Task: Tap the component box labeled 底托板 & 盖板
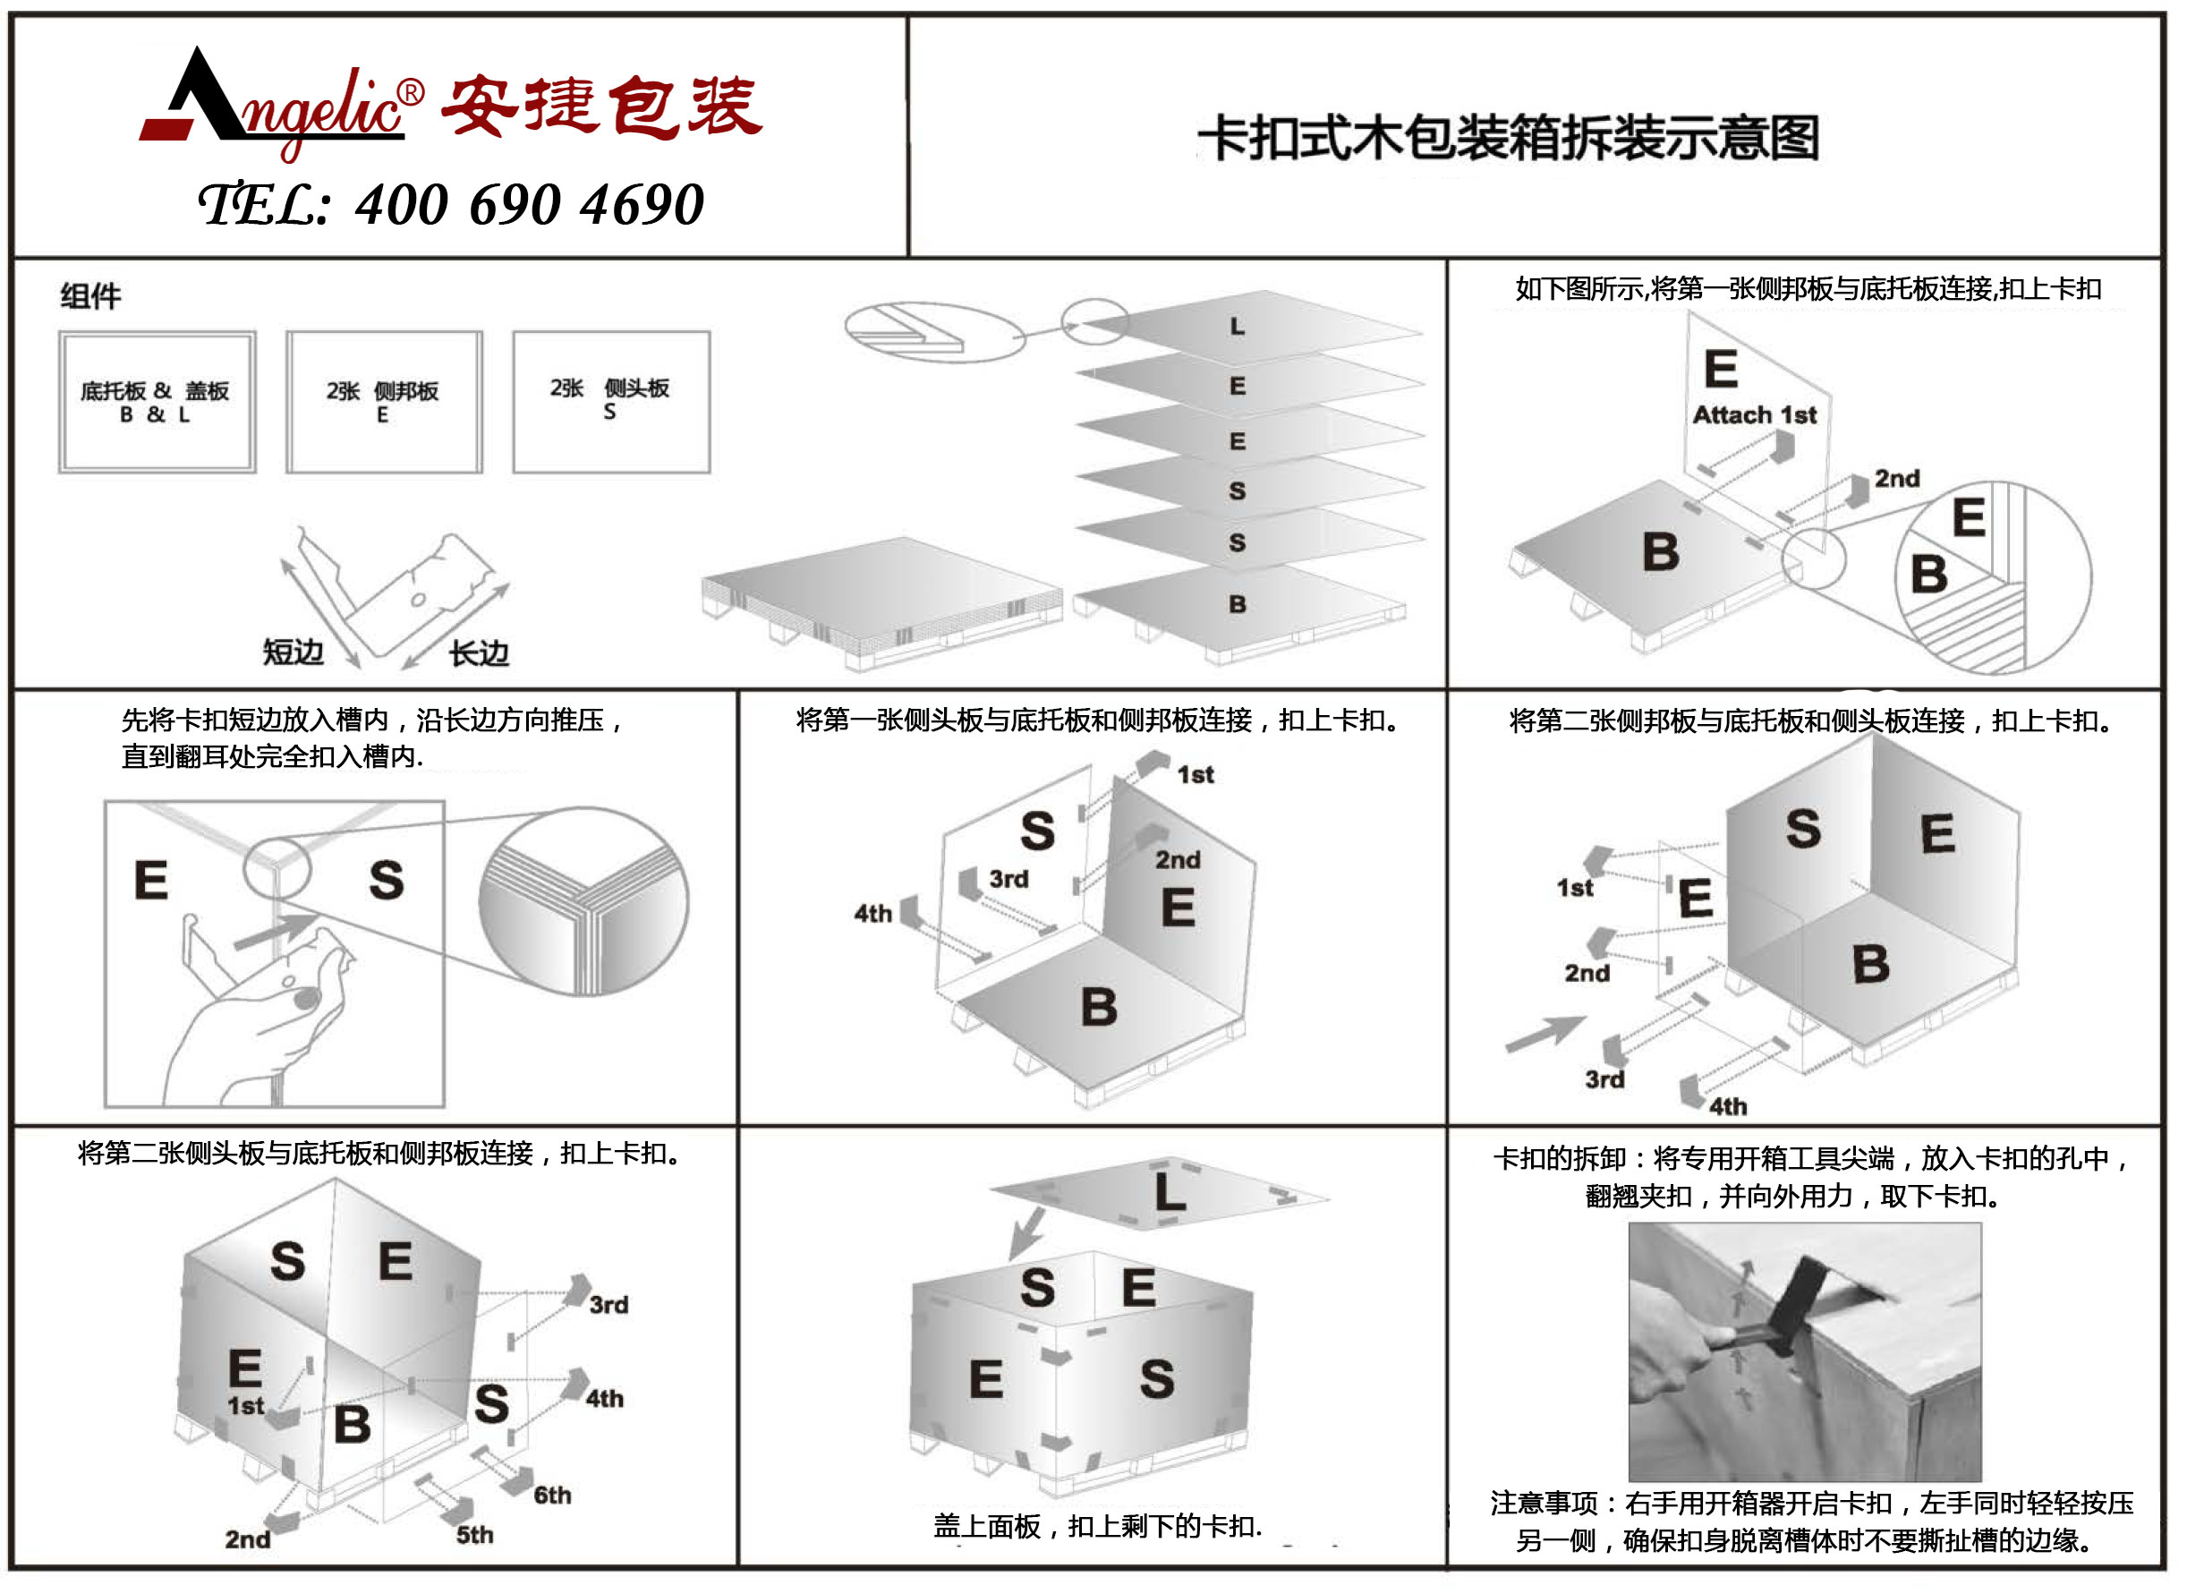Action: pos(157,401)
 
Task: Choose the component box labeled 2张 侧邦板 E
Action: pos(383,401)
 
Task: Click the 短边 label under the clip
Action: pos(293,652)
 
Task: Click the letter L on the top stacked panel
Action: pos(1237,327)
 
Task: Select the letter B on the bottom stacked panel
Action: pos(1237,604)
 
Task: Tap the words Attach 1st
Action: pos(1754,415)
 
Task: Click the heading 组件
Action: pos(89,295)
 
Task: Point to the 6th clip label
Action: pos(552,1495)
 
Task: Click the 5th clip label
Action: pos(473,1534)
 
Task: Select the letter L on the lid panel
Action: pos(1170,1193)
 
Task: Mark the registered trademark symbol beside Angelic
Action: pos(410,92)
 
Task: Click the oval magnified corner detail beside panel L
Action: pos(934,332)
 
